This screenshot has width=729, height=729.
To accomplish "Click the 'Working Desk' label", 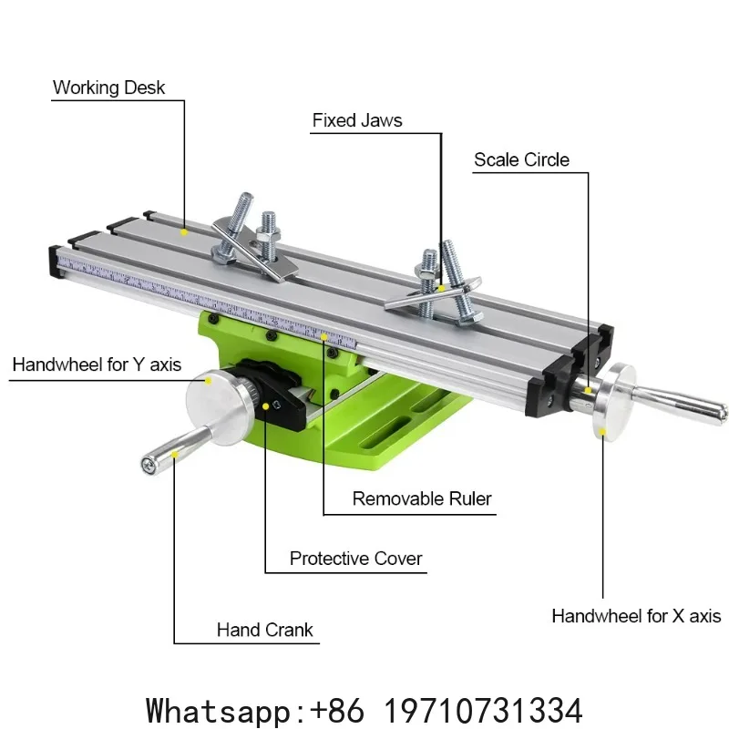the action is pyautogui.click(x=108, y=87).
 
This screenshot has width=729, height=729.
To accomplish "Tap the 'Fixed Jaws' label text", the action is pyautogui.click(x=357, y=120).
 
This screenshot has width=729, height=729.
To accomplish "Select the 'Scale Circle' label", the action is pyautogui.click(x=521, y=160).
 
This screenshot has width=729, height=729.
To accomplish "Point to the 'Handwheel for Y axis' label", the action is pyautogui.click(x=97, y=364).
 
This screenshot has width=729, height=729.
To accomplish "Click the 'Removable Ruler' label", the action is pyautogui.click(x=422, y=498).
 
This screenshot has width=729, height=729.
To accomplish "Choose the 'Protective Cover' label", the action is pyautogui.click(x=355, y=559).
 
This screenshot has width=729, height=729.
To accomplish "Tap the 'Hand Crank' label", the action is pyautogui.click(x=264, y=630).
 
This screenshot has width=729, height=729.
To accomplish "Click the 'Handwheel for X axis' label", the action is pyautogui.click(x=636, y=616).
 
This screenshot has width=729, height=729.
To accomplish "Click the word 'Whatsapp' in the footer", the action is pyautogui.click(x=218, y=710).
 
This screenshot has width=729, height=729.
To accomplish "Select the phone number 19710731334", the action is pyautogui.click(x=484, y=710).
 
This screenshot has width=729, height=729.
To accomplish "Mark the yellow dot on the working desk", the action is pyautogui.click(x=184, y=231).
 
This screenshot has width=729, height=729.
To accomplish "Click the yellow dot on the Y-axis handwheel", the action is pyautogui.click(x=209, y=381).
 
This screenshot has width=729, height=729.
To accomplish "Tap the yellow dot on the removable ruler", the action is pyautogui.click(x=324, y=336).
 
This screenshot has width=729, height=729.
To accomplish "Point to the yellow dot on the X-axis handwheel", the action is pyautogui.click(x=602, y=432).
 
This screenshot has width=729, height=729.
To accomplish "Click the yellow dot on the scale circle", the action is pyautogui.click(x=588, y=391).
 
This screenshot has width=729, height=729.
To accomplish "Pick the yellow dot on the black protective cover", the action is pyautogui.click(x=265, y=406).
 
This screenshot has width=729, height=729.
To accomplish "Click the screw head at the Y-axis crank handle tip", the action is pyautogui.click(x=149, y=465).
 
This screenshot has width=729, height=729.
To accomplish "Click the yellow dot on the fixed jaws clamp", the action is pyautogui.click(x=441, y=289).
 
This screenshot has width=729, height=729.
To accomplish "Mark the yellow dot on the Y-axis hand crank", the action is pyautogui.click(x=174, y=454).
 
